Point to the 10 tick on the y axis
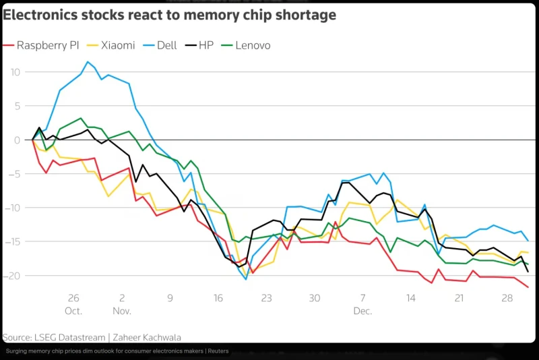click(15, 72)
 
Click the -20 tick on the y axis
click(13, 276)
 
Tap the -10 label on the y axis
click(13, 208)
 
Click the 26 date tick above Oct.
click(73, 298)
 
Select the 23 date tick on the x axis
click(266, 298)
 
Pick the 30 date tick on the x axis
click(315, 298)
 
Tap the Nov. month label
click(122, 311)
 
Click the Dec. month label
click(362, 311)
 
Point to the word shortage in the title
click(303, 14)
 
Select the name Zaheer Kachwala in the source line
click(146, 337)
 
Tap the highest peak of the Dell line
click(88, 62)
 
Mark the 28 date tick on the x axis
click(507, 298)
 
